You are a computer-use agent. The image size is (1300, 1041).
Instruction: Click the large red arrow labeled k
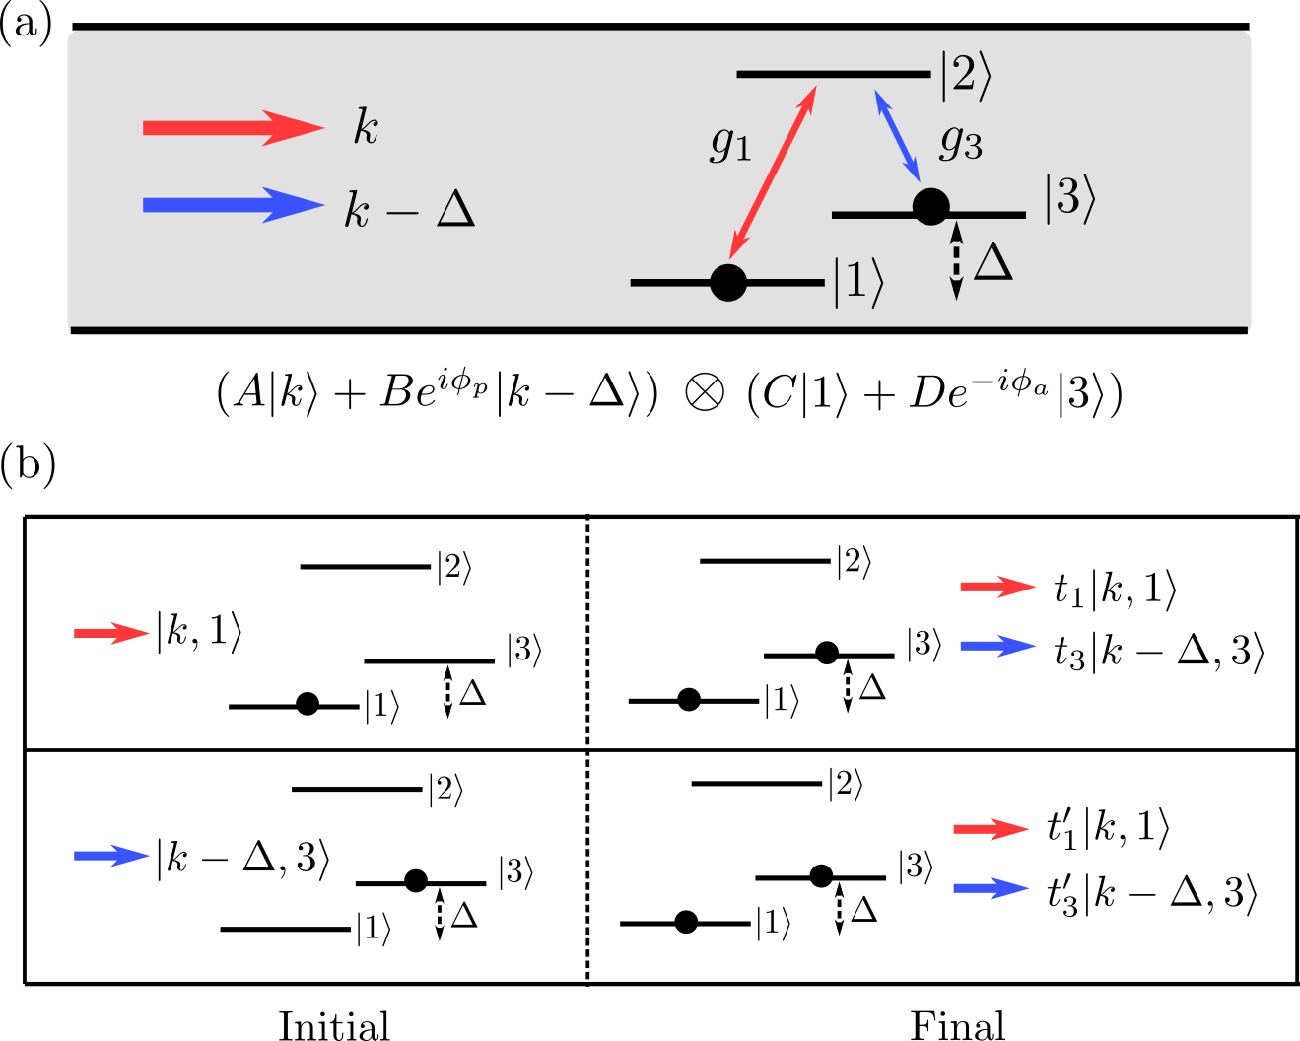(233, 128)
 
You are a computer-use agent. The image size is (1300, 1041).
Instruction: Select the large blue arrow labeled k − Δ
(233, 205)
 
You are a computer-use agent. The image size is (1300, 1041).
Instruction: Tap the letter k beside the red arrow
(366, 128)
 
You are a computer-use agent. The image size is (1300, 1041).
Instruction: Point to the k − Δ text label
(409, 209)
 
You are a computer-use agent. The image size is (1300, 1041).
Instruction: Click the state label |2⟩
(964, 77)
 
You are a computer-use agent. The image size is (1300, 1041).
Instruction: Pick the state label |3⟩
(1069, 200)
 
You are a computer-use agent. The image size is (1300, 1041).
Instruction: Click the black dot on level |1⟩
(728, 283)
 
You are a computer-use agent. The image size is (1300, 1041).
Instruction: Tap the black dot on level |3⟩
(930, 207)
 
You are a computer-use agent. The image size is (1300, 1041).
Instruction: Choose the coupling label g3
(960, 143)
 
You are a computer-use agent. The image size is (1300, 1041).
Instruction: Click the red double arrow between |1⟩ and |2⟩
(773, 174)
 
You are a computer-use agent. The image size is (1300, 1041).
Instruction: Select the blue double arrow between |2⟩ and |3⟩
(897, 136)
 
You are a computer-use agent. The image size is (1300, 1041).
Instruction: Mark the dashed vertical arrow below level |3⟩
(955, 261)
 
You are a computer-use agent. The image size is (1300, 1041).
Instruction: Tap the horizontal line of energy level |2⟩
(833, 74)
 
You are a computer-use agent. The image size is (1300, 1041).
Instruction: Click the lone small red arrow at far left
(111, 633)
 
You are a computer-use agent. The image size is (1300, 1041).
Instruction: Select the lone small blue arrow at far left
(111, 856)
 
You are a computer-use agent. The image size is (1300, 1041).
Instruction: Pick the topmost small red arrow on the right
(997, 587)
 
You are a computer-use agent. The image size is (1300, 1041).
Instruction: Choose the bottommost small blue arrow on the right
(991, 888)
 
